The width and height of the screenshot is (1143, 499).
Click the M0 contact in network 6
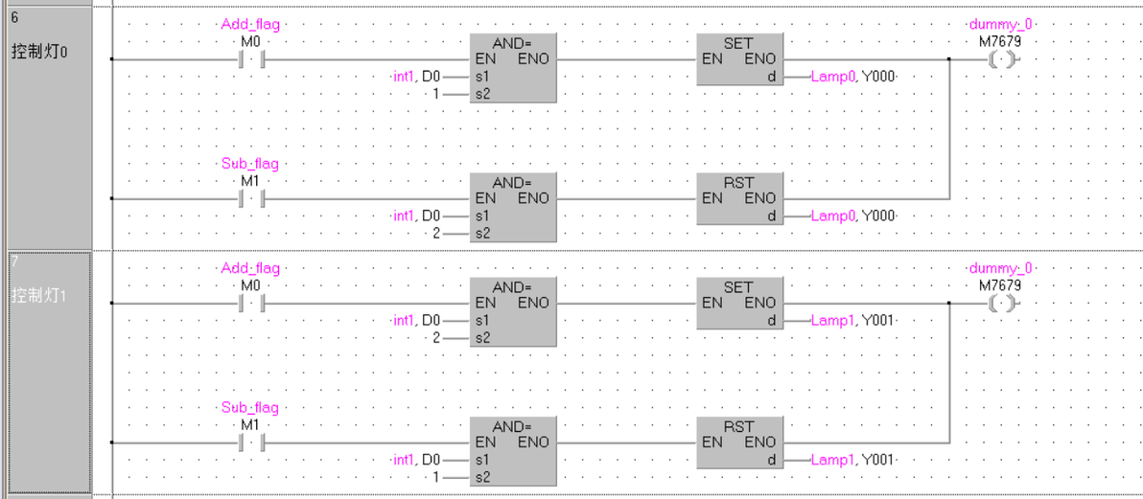(x=250, y=59)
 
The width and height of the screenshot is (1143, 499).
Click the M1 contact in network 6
(x=250, y=198)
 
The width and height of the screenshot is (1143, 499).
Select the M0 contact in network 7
(x=250, y=303)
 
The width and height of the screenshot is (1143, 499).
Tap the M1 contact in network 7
(x=250, y=442)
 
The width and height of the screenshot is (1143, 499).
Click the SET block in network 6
(x=739, y=59)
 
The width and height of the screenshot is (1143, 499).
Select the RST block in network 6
(x=739, y=198)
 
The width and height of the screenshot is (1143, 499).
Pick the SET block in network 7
(x=739, y=303)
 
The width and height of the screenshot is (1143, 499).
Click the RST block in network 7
(x=739, y=442)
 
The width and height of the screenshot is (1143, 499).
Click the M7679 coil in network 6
(x=1000, y=59)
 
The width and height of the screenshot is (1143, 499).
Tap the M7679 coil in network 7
(x=1000, y=303)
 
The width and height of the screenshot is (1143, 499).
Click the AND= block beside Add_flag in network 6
(x=513, y=67)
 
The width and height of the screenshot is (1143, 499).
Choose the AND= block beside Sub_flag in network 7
(x=513, y=450)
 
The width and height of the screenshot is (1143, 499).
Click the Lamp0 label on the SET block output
(x=831, y=77)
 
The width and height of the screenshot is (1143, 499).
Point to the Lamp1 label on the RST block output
(x=831, y=460)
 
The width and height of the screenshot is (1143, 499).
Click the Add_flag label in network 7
(x=250, y=268)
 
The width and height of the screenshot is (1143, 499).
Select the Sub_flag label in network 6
(x=250, y=164)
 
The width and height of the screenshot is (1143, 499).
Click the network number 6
(x=15, y=17)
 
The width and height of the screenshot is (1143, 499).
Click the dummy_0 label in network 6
(x=1002, y=25)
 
